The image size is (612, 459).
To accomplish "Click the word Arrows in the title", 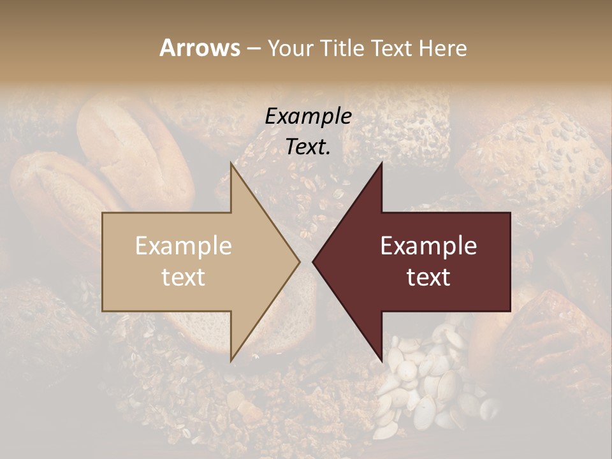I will coord(199,48).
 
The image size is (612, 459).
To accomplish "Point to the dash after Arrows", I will coord(253,49).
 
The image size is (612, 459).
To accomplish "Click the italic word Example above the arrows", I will coord(308,117).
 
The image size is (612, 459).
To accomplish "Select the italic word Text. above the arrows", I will coord(308,147).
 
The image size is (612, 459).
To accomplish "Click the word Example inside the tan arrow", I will coord(184,246).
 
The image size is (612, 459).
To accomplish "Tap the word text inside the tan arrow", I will coord(184,277).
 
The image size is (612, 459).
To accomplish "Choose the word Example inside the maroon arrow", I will coord(428,246).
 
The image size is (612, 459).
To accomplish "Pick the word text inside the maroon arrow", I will coord(428,277).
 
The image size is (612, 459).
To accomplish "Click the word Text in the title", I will coord(392,48).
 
